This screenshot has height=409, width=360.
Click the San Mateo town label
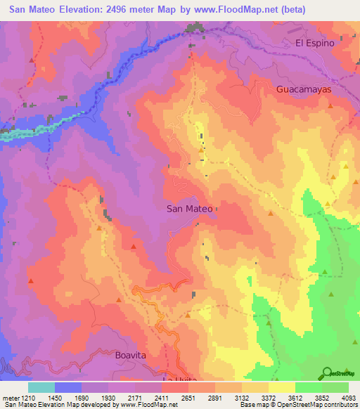point(189,209)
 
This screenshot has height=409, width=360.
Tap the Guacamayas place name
point(303,91)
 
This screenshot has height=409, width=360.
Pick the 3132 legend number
point(243,397)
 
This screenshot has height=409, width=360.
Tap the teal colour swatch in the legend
point(41,387)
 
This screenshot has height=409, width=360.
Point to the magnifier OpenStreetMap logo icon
point(328,372)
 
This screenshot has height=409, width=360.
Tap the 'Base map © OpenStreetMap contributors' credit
point(298,405)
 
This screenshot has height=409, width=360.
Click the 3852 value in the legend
point(323,397)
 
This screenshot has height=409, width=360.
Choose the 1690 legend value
point(82,397)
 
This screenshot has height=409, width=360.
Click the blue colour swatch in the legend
point(68,387)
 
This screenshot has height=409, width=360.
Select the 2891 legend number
point(216,397)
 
